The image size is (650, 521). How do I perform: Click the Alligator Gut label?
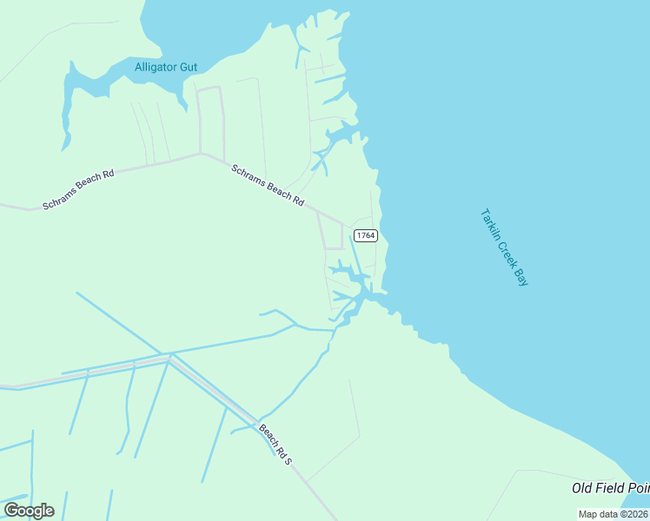coord(166,67)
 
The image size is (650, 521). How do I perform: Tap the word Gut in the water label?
coord(189,67)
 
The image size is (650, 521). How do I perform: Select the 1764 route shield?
coord(366,235)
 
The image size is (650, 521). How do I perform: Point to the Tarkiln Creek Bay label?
coord(504,247)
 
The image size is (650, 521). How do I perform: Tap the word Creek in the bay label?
coord(506,251)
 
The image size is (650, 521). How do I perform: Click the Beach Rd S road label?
coord(274,444)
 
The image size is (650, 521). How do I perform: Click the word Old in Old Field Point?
coord(583,489)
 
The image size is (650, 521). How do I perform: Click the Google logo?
coord(29,511)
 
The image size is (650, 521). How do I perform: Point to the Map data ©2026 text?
coord(613,514)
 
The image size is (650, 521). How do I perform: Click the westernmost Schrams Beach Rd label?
coord(78,190)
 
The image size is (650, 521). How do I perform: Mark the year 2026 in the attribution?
coord(635,514)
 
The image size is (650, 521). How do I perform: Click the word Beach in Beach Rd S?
coord(267,435)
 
